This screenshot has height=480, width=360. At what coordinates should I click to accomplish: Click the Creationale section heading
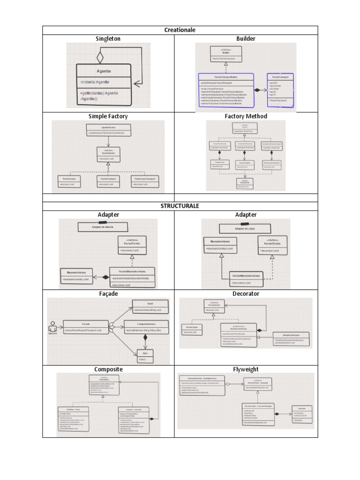point(180,30)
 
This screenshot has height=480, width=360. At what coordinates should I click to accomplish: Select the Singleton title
point(108,38)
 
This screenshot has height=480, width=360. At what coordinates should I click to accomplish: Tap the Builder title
point(246,38)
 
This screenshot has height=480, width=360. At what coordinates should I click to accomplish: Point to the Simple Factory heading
point(108,116)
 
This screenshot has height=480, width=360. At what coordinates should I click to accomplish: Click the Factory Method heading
point(246,116)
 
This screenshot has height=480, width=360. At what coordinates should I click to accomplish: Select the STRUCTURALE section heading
point(180,206)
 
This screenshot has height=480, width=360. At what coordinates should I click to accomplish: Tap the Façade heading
point(108,293)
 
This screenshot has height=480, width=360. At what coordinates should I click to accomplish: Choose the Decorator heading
point(246,293)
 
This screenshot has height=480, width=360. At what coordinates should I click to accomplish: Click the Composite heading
point(108,369)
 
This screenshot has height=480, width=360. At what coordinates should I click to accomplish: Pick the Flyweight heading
point(246,369)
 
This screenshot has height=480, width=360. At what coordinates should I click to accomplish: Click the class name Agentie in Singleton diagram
point(104,71)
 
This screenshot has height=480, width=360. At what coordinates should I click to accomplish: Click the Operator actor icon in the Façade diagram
point(52,325)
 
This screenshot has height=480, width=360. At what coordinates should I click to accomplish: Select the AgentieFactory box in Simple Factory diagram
point(108,130)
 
